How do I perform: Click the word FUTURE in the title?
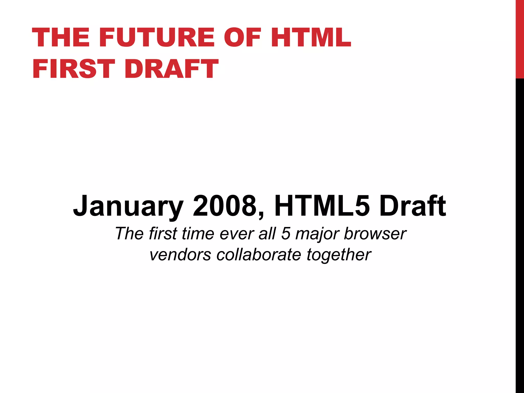point(158,38)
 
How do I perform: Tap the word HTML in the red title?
point(311,38)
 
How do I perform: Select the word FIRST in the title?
point(74,69)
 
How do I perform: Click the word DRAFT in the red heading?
point(171,69)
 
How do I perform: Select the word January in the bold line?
point(128,206)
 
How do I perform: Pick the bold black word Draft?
point(413,206)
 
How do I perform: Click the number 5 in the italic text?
point(286,233)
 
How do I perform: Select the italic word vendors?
point(180,255)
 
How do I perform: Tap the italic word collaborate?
point(259,255)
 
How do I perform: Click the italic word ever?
point(236,233)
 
